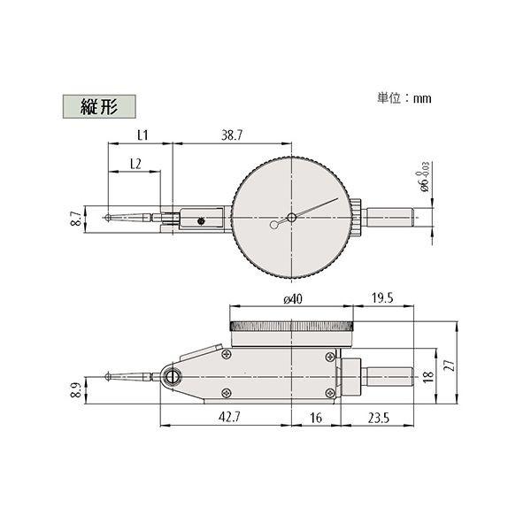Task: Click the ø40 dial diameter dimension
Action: (x=293, y=299)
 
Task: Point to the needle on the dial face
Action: (x=316, y=208)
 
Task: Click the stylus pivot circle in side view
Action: (x=171, y=378)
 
